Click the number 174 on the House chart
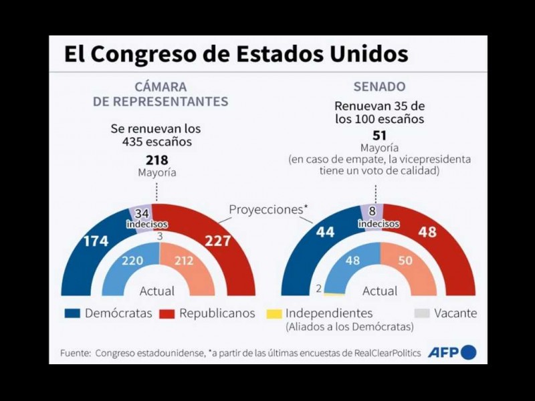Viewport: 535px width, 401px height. click(x=96, y=241)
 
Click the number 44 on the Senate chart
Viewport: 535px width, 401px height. click(x=308, y=233)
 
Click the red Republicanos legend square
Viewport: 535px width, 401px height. click(x=167, y=313)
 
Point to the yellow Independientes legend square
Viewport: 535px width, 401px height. click(x=273, y=313)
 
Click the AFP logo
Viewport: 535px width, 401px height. click(x=452, y=352)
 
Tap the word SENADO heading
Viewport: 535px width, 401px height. click(x=379, y=87)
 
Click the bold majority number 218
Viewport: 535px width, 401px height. click(x=157, y=160)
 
